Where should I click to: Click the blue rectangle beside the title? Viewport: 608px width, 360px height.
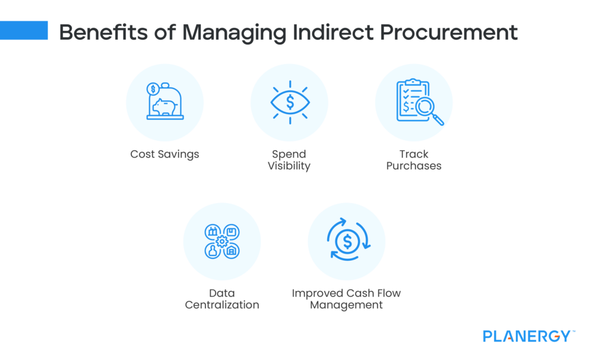pyautogui.click(x=24, y=30)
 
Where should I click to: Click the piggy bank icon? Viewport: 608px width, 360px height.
pyautogui.click(x=164, y=106)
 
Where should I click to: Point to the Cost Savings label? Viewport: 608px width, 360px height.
pyautogui.click(x=164, y=154)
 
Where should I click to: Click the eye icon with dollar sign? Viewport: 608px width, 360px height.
pyautogui.click(x=289, y=102)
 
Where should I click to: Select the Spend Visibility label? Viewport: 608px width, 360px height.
pyautogui.click(x=289, y=160)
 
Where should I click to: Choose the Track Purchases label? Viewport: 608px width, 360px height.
pyautogui.click(x=414, y=160)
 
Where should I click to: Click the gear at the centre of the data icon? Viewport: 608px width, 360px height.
pyautogui.click(x=222, y=241)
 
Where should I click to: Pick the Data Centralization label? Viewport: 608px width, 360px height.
pyautogui.click(x=222, y=299)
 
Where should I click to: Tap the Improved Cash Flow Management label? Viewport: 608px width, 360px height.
pyautogui.click(x=347, y=299)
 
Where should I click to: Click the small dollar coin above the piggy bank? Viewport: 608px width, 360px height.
pyautogui.click(x=153, y=89)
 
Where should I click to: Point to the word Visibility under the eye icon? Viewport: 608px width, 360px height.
pyautogui.click(x=289, y=166)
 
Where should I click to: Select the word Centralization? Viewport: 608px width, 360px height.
pyautogui.click(x=222, y=305)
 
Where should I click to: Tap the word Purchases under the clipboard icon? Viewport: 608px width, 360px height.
pyautogui.click(x=414, y=166)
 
